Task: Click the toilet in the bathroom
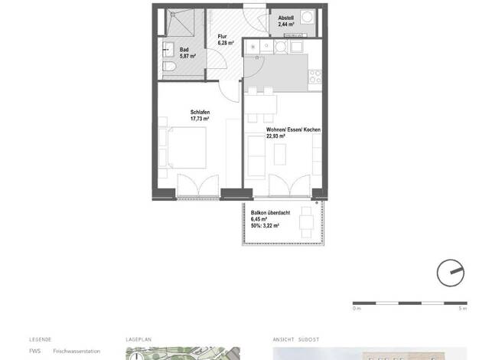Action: click(x=168, y=66)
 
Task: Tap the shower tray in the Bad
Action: click(x=181, y=23)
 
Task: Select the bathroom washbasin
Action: click(x=168, y=49)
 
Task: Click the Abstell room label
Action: click(x=286, y=18)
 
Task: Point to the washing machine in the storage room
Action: click(x=308, y=17)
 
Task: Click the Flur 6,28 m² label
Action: click(x=226, y=40)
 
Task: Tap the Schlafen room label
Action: click(x=200, y=112)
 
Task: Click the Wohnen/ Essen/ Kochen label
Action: click(x=293, y=129)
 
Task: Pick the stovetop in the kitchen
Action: click(x=315, y=77)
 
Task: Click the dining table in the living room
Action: click(x=261, y=105)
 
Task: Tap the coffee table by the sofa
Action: click(x=280, y=155)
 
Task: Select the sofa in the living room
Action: click(x=256, y=156)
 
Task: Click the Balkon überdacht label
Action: click(x=270, y=213)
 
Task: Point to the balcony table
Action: click(x=306, y=222)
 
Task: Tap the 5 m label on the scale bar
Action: click(x=463, y=309)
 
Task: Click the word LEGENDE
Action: click(x=41, y=339)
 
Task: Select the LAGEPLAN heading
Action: click(x=138, y=339)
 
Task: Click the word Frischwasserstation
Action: click(x=77, y=351)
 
